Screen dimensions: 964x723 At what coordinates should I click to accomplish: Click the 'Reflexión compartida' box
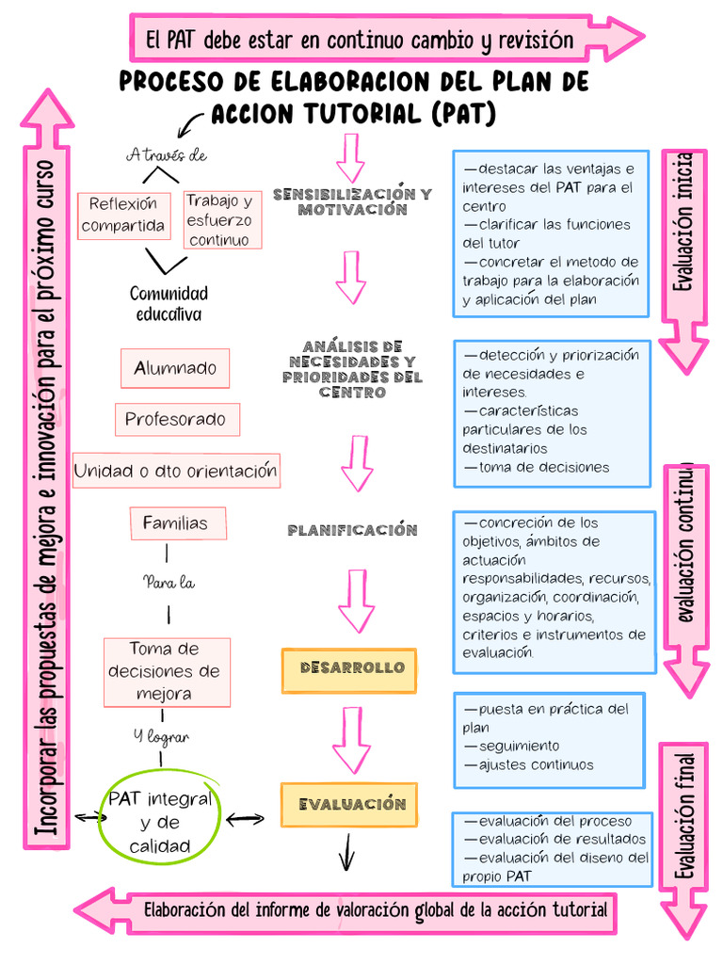(123, 216)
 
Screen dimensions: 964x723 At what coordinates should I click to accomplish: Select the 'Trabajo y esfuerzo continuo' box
(219, 220)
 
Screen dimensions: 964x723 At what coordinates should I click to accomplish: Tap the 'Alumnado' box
(175, 368)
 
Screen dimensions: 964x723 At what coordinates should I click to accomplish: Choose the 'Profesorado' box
(176, 419)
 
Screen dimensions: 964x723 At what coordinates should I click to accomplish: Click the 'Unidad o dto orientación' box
(176, 470)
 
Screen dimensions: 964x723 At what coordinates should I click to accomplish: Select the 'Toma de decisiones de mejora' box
(165, 672)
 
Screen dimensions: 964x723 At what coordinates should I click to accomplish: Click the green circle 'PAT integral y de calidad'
(159, 822)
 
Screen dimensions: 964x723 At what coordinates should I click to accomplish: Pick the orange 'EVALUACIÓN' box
(348, 805)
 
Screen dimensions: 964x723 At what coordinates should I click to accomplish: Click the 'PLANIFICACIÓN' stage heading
(352, 531)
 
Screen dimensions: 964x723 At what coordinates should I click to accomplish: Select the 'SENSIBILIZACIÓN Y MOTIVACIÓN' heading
(352, 201)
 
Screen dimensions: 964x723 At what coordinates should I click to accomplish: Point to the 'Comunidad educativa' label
(169, 303)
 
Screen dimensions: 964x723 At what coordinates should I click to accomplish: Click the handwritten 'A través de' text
(167, 155)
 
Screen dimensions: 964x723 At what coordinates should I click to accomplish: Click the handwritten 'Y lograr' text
(161, 736)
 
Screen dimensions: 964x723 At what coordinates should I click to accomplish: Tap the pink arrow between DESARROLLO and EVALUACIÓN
(351, 739)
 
